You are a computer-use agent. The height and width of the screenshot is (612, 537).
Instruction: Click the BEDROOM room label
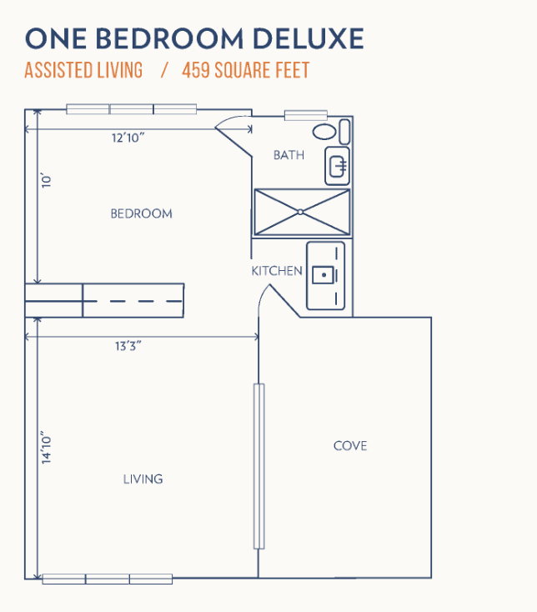coord(141,213)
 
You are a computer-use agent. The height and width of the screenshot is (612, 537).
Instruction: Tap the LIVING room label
coord(143,479)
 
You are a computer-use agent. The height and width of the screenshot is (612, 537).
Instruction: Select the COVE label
coord(350,446)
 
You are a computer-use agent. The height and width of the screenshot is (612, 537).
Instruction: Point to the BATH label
coord(289,155)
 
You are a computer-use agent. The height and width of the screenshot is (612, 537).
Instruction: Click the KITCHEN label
coord(277,270)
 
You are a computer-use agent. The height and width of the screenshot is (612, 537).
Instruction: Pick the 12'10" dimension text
coord(128,138)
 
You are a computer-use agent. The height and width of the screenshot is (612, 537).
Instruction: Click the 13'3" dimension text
coord(128,346)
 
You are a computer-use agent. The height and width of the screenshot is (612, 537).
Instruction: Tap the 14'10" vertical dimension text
coord(47,448)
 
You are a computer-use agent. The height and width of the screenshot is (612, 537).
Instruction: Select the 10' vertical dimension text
coord(47,181)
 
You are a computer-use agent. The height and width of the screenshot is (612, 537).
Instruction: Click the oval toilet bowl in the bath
coord(324,132)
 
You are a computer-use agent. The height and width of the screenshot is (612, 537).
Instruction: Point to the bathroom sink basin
coord(338,167)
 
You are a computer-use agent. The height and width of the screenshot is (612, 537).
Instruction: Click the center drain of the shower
coord(300,212)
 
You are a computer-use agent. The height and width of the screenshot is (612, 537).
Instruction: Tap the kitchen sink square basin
coord(324,275)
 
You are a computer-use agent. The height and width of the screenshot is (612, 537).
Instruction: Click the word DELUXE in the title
coord(309,38)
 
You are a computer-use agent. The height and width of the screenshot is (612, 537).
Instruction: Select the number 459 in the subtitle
coord(195,70)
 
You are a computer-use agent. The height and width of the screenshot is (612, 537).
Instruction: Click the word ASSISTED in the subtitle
coord(58,70)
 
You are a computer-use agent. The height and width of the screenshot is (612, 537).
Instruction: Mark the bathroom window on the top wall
coord(305,116)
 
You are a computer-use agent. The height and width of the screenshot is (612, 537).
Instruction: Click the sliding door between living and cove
coord(258,466)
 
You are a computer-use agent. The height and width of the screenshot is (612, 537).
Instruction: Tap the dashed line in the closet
coord(133,301)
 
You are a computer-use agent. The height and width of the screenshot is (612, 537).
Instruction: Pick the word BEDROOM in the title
coord(169,38)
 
